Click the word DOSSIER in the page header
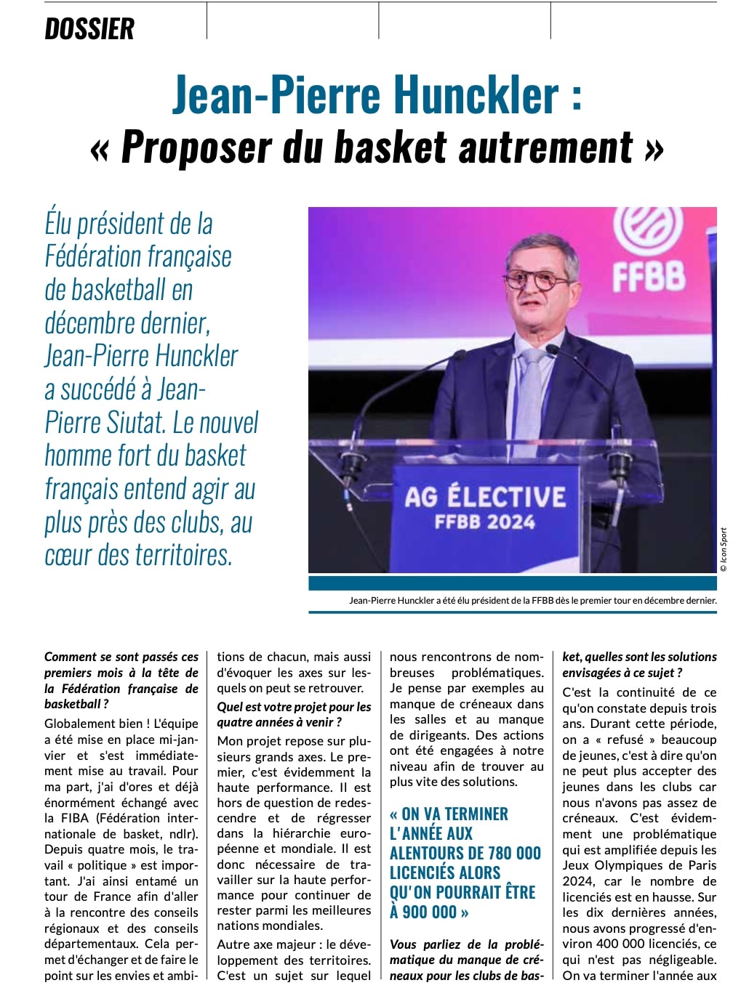pyautogui.click(x=89, y=29)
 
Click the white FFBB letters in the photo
pyautogui.click(x=649, y=276)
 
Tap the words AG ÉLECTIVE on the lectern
pyautogui.click(x=485, y=498)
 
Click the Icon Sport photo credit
pyautogui.click(x=724, y=549)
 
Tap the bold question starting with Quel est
pyautogui.click(x=294, y=714)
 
